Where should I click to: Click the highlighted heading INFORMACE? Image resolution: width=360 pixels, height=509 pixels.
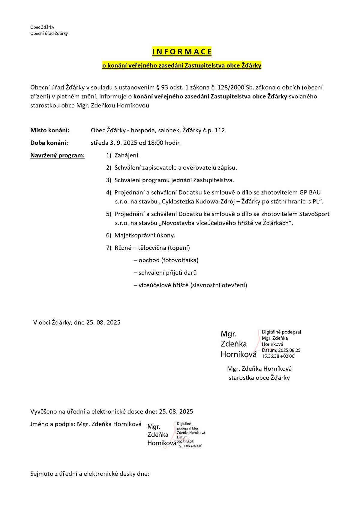[x=182, y=52]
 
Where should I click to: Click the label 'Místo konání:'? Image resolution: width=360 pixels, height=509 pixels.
[x=50, y=130]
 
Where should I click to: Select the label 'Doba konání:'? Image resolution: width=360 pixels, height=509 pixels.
[x=49, y=143]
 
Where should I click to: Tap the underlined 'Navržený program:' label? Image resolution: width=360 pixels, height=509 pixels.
[x=57, y=155]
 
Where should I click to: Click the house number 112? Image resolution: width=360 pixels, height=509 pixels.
[x=220, y=130]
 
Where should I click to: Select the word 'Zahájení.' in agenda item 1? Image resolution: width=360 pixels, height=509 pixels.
[x=127, y=155]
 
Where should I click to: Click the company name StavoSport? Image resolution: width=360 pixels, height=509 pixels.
[x=314, y=214]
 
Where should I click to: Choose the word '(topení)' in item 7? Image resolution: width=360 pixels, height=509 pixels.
[x=179, y=248]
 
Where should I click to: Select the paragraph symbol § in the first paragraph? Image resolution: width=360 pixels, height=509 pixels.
[x=158, y=88]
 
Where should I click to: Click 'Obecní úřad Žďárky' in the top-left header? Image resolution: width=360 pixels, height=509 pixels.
[x=49, y=33]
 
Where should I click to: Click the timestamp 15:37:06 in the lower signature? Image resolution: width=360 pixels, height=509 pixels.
[x=183, y=446]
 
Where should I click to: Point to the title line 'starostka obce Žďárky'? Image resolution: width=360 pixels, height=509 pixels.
[x=259, y=378]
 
